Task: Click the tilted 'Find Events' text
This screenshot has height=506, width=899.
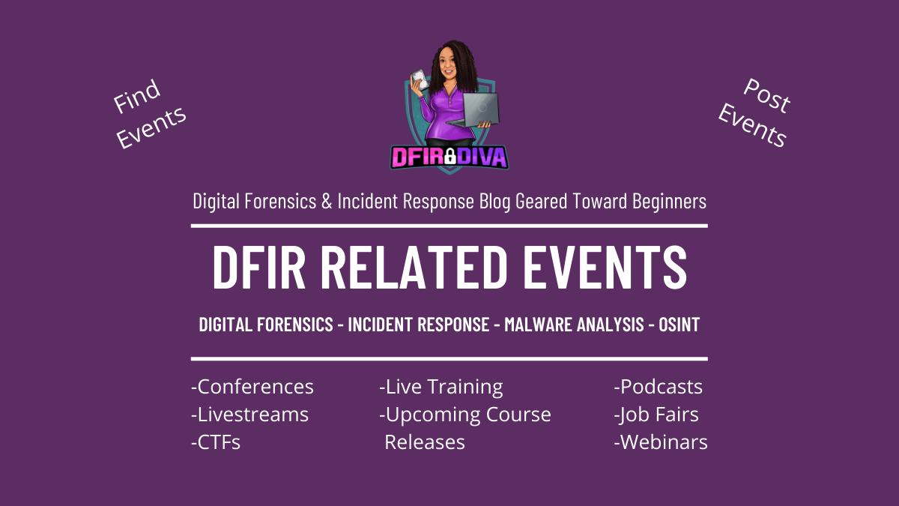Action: point(150,115)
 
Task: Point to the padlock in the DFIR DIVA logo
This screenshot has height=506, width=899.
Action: point(450,157)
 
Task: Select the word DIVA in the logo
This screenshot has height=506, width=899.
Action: point(483,157)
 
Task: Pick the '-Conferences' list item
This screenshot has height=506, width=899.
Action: point(252,387)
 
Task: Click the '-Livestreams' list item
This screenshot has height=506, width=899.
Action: point(249,415)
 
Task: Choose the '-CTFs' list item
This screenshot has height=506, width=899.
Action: point(216,442)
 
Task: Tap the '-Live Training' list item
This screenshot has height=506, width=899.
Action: point(441,387)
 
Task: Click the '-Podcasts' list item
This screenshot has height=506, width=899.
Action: point(658,387)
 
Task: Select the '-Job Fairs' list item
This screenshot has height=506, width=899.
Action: point(656,415)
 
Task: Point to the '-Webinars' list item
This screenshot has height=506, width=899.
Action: point(660,442)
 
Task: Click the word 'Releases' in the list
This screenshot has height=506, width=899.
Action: point(425,442)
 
